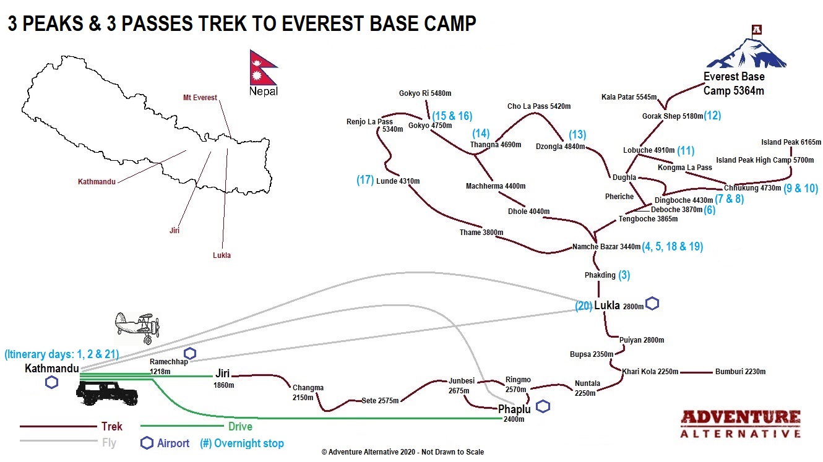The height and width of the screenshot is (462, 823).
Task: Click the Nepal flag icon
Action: pos(263,68)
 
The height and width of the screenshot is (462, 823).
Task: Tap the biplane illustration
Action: pos(137,328)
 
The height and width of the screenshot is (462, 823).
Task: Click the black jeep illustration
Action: pos(107,393)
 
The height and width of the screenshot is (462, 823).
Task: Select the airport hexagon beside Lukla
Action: pos(652,303)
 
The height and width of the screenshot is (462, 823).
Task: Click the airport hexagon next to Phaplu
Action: pos(543,406)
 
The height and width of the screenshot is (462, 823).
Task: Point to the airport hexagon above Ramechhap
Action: pos(189,353)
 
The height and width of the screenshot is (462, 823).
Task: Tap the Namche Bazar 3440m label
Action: pos(606,247)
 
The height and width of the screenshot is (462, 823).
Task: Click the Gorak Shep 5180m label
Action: pos(673,116)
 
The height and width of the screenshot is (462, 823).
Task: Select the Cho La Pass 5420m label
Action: pos(539,106)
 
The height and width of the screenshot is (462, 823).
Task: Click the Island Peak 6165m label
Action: pos(791,142)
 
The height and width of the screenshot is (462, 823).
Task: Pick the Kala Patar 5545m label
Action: pos(629,97)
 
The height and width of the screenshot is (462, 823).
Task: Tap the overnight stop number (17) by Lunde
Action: pos(365,180)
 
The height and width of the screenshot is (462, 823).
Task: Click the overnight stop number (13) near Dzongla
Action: pos(577,134)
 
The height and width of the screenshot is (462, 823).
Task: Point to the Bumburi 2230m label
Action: pos(740,372)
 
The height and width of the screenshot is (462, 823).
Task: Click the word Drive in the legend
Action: pos(240,426)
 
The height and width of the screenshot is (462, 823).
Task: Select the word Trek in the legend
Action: pos(112,426)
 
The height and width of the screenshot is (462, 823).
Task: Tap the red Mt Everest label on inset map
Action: pos(200,98)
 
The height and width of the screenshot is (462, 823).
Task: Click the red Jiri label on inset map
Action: pos(175,231)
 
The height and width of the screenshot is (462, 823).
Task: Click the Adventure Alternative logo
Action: pos(740,424)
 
